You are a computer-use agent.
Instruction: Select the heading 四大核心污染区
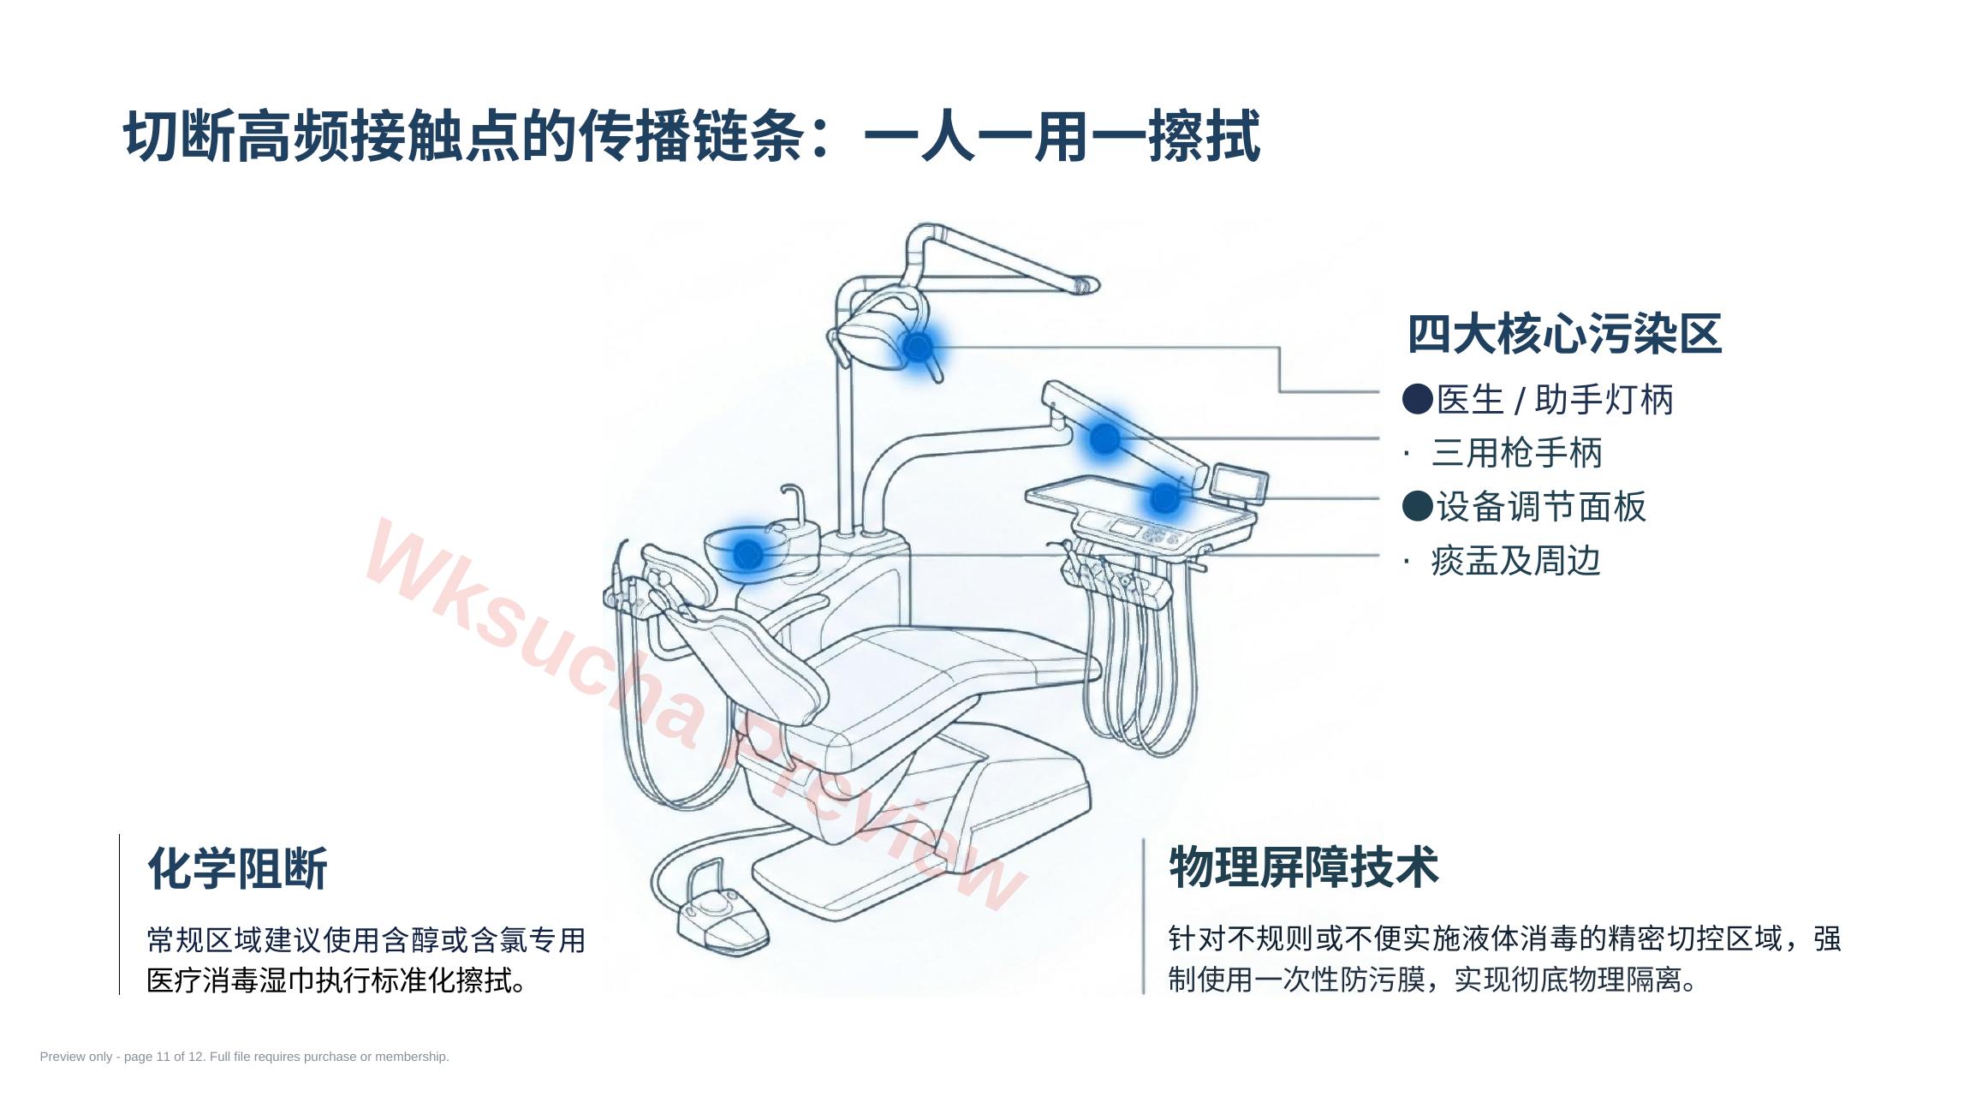click(x=1564, y=334)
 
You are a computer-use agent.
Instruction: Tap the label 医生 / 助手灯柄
click(x=1555, y=400)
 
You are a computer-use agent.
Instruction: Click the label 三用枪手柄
click(x=1516, y=453)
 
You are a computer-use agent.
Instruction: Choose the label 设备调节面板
click(x=1541, y=507)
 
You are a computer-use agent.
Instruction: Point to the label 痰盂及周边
click(x=1515, y=561)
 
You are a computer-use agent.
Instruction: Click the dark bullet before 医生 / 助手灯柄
click(x=1418, y=399)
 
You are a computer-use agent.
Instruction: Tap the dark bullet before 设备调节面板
click(x=1418, y=506)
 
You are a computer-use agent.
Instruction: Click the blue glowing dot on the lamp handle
click(x=918, y=348)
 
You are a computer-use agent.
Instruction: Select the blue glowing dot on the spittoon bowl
click(x=748, y=554)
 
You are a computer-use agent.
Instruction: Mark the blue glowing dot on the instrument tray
click(x=1164, y=497)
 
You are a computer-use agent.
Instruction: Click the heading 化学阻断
click(x=237, y=869)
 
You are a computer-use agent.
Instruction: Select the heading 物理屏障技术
click(x=1303, y=867)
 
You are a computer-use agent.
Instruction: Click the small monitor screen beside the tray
click(x=1239, y=484)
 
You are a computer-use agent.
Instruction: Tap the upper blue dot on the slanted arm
click(x=1104, y=438)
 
